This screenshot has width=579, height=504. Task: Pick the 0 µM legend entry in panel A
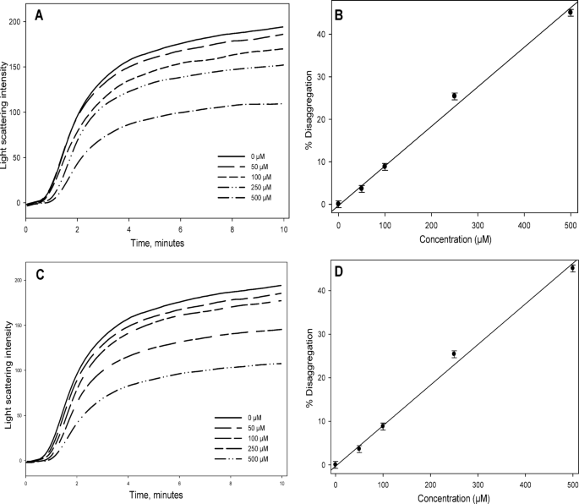point(245,156)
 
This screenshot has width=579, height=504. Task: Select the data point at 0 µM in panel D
point(336,464)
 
